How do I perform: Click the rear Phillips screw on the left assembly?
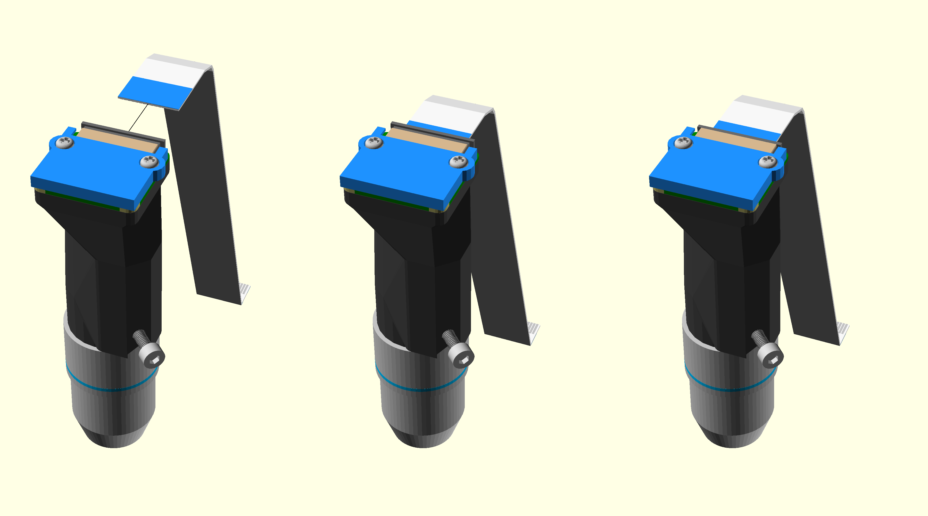65,142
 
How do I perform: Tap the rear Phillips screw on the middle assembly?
374,142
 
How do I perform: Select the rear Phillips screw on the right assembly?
683,142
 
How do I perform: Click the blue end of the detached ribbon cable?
155,92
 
